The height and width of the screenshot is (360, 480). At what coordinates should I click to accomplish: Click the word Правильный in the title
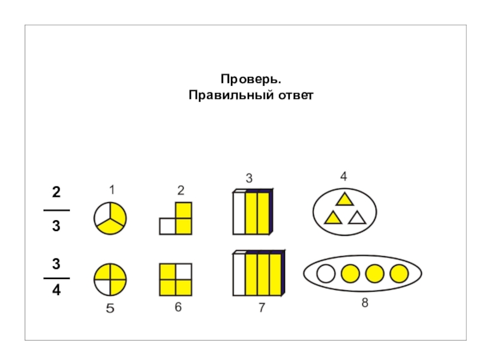[x=229, y=95]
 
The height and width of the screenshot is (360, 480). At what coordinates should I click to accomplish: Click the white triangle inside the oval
[x=357, y=218]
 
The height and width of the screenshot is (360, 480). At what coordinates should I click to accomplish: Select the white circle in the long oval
[x=325, y=274]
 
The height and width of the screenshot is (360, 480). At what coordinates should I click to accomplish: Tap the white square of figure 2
[x=167, y=226]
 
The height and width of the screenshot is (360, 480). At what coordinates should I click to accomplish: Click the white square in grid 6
[x=183, y=272]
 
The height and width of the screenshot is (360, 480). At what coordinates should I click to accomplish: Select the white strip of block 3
[x=239, y=213]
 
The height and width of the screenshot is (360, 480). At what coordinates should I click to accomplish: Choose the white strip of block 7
[x=239, y=274]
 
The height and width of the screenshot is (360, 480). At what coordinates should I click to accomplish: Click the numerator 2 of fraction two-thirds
[x=56, y=193]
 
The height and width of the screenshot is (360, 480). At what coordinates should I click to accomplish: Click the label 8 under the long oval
[x=365, y=304]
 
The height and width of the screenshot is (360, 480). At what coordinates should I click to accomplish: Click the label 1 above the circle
[x=112, y=190]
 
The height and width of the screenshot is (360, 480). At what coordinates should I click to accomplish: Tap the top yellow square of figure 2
[x=183, y=211]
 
